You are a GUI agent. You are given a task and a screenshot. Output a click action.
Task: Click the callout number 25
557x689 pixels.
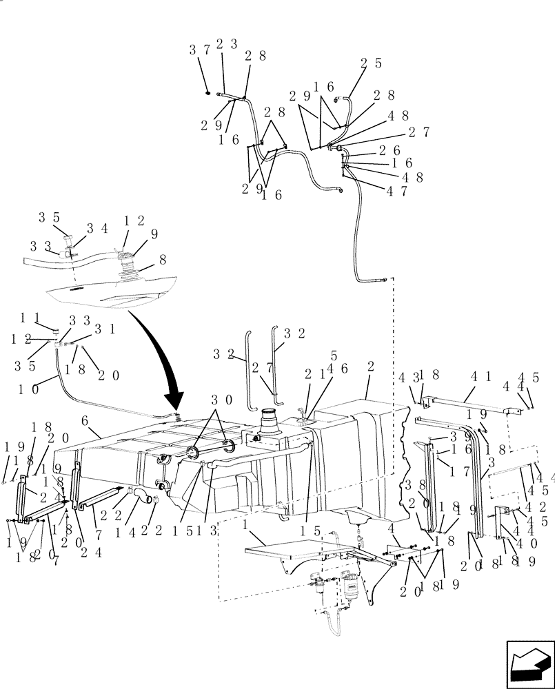point(370,63)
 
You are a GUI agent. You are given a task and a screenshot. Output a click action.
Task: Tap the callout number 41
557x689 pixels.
point(480,378)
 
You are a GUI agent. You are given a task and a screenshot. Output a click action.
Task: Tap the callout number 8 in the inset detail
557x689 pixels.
point(163,260)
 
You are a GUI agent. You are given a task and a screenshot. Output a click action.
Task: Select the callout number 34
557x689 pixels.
point(96,227)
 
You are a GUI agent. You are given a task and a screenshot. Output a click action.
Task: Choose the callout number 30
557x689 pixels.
point(221,400)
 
